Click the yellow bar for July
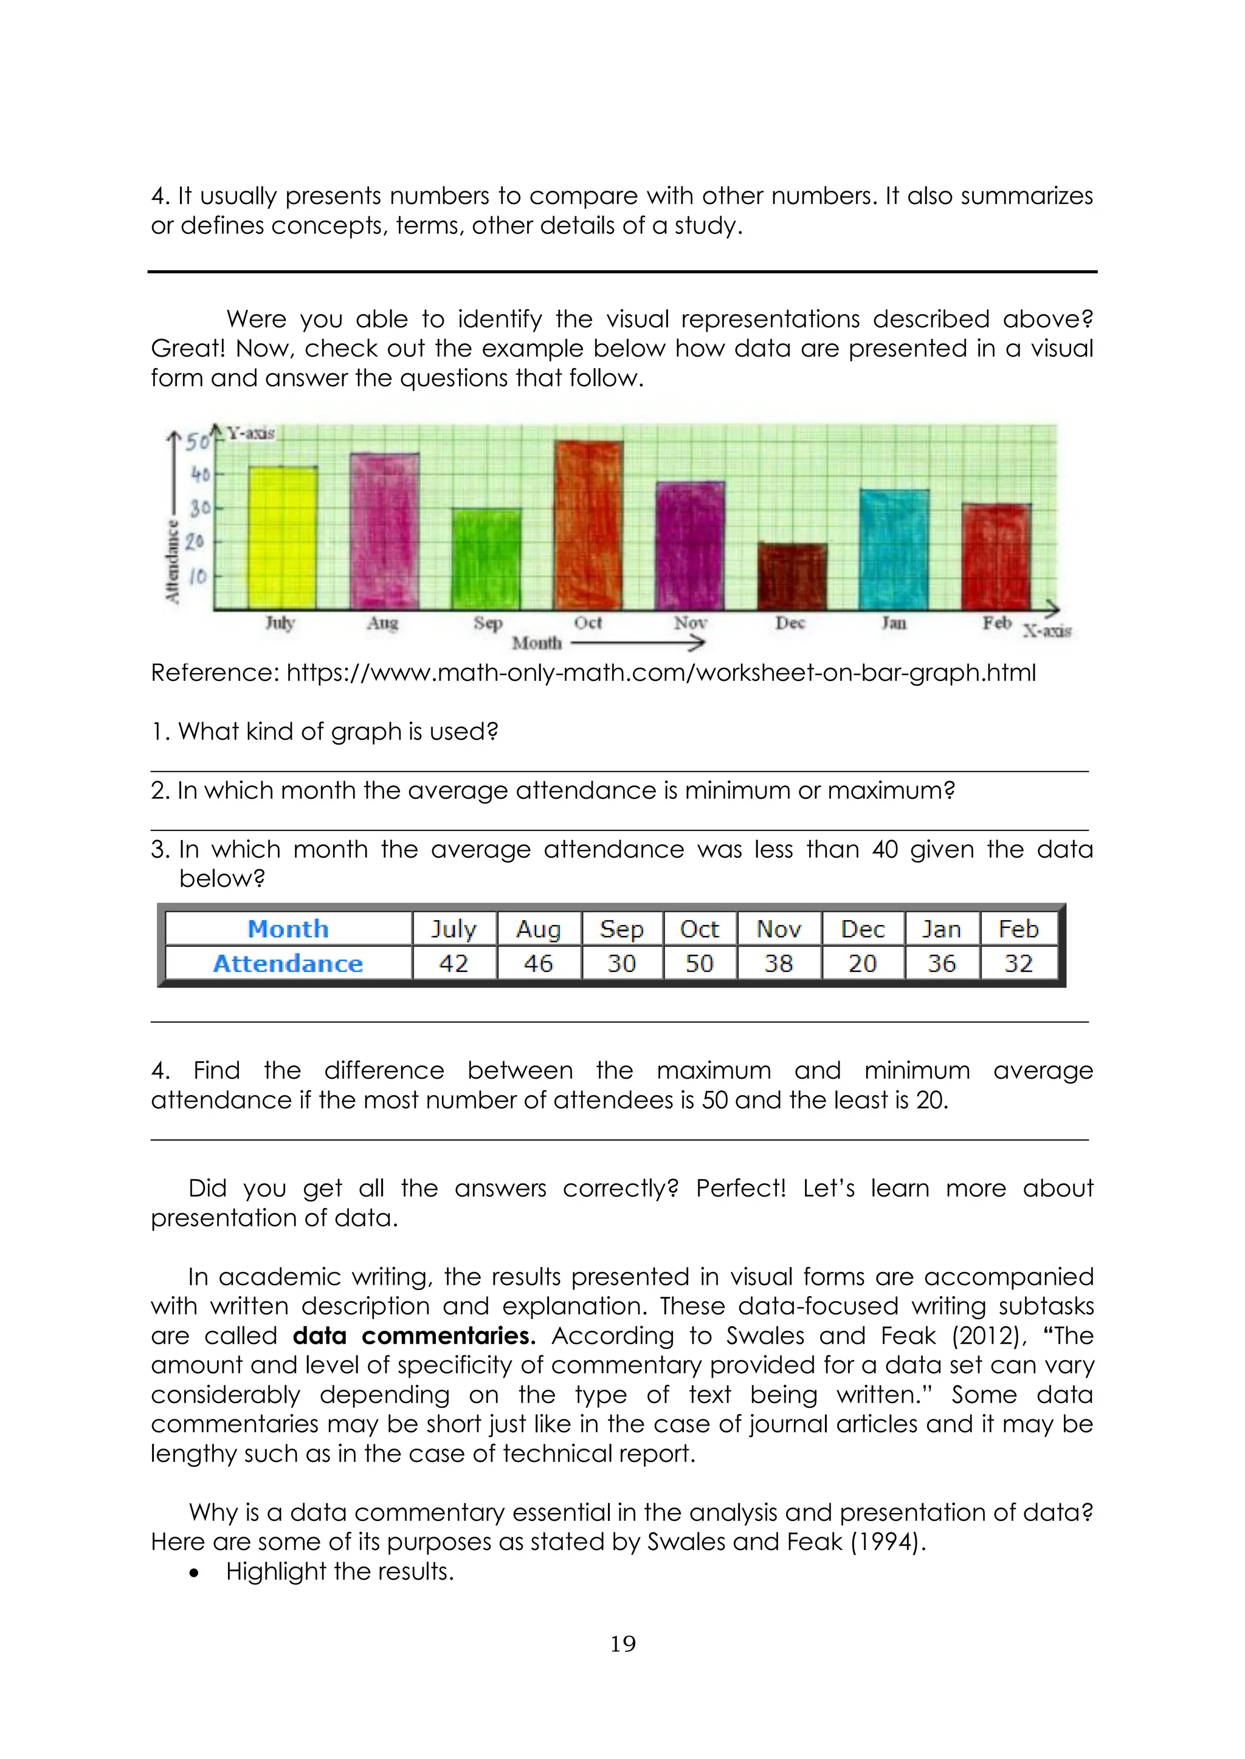click(x=283, y=538)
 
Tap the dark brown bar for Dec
click(x=792, y=576)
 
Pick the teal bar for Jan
click(x=894, y=549)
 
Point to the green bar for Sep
click(x=486, y=559)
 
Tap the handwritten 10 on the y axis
click(x=198, y=576)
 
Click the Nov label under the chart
click(x=690, y=623)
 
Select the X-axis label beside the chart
click(x=1046, y=631)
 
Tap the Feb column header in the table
click(x=1018, y=929)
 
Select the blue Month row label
click(x=288, y=929)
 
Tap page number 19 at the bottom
click(x=622, y=1644)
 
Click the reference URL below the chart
click(x=661, y=672)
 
